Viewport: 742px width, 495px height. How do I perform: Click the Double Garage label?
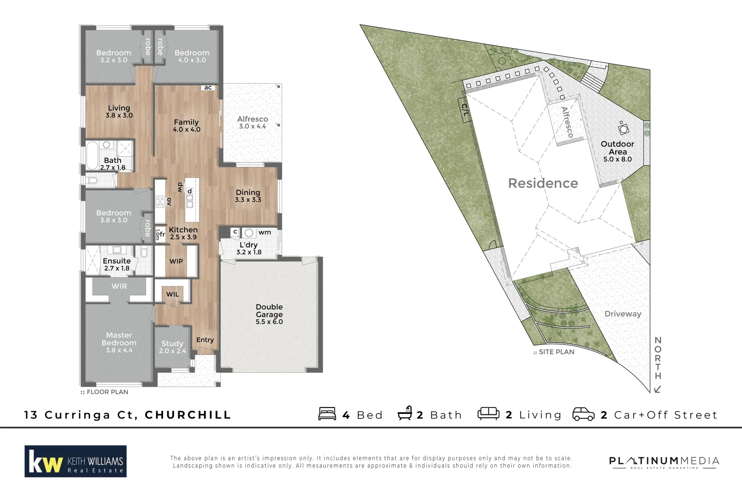(x=269, y=314)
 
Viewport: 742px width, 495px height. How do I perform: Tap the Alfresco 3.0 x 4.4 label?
(x=252, y=122)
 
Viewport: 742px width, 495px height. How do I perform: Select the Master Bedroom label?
(x=119, y=342)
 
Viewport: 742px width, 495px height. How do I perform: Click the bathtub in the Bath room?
(x=92, y=156)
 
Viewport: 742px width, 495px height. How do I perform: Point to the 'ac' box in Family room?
(x=208, y=88)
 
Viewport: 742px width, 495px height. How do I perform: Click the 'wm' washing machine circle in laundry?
(x=249, y=233)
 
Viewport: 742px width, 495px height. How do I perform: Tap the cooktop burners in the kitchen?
(x=160, y=201)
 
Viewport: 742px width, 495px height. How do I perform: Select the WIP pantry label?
(x=176, y=261)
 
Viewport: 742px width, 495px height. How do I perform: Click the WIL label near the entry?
(x=172, y=294)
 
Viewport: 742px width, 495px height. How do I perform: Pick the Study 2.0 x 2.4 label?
(x=172, y=347)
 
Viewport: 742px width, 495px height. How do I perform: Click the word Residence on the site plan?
(x=543, y=183)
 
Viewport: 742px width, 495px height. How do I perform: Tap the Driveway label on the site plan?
(x=622, y=314)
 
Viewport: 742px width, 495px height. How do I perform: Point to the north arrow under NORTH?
(x=658, y=389)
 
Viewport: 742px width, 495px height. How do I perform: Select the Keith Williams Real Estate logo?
(x=76, y=461)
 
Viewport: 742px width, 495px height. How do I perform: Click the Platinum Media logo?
(x=664, y=462)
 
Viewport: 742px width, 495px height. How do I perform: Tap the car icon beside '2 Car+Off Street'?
(x=583, y=414)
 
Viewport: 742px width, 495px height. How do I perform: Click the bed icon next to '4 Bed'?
(x=327, y=414)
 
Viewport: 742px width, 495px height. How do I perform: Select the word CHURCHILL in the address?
(x=188, y=415)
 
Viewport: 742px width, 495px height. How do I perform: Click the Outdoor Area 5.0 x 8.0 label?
(x=617, y=151)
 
